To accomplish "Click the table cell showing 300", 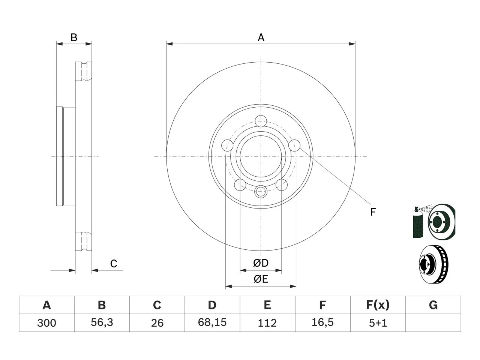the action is point(46,323).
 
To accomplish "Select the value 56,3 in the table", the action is point(102,322).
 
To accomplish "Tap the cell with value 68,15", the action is point(212,322).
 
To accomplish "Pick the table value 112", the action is point(267,323).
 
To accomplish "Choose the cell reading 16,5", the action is point(322,322).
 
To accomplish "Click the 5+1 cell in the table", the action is point(378,323).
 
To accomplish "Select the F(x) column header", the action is point(378,305).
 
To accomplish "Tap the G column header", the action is point(433,305).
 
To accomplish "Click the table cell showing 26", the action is point(157,323).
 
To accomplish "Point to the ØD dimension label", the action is point(261,263).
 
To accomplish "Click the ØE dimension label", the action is point(261,279).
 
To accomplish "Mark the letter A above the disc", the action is point(261,37).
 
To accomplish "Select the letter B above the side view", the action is point(74,37).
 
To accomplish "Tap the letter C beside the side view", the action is point(114,264).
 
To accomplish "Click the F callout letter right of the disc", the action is point(373,212).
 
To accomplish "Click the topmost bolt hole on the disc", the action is point(261,121).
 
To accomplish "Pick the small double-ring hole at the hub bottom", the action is point(261,192).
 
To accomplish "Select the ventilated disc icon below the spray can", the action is point(433,264).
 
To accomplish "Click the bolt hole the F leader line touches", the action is point(294,145).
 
